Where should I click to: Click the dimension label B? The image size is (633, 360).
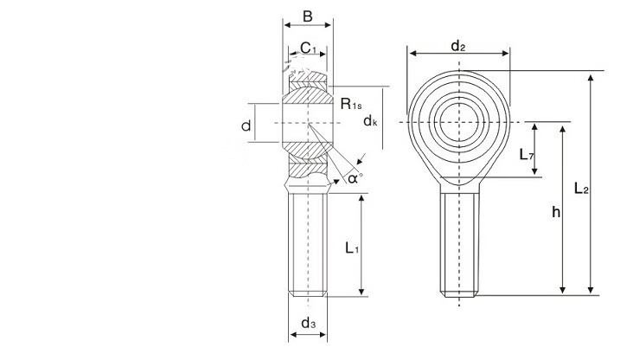coord(307,16)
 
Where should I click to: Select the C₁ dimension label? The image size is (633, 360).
coord(308,48)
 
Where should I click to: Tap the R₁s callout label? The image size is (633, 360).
coord(351,104)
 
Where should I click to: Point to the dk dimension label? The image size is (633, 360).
coord(370,120)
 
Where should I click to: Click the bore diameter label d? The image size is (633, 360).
coord(246,126)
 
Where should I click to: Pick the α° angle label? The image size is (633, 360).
coord(355,177)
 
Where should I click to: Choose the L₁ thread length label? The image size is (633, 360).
coord(352,247)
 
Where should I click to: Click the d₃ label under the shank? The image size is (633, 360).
coord(309,323)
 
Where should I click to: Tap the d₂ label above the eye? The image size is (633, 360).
coord(457,46)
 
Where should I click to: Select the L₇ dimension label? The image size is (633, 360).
coord(527,154)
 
